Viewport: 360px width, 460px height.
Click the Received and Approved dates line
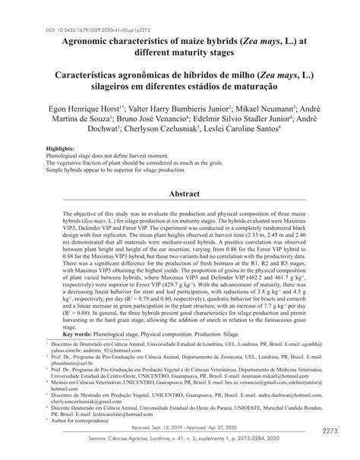pyautogui.click(x=180, y=427)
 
